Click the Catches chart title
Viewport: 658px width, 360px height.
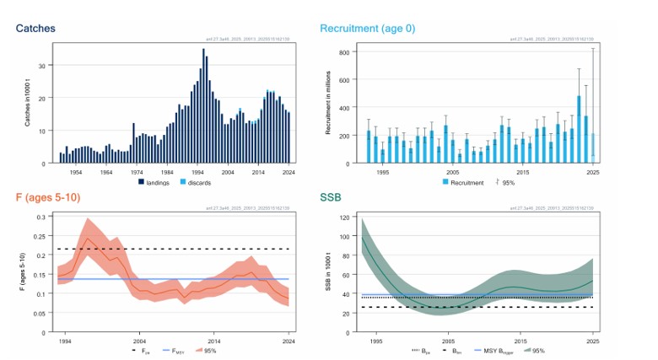pos(35,29)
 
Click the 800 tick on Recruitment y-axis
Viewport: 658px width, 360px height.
pos(344,52)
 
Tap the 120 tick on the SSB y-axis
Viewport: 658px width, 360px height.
pos(344,218)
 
